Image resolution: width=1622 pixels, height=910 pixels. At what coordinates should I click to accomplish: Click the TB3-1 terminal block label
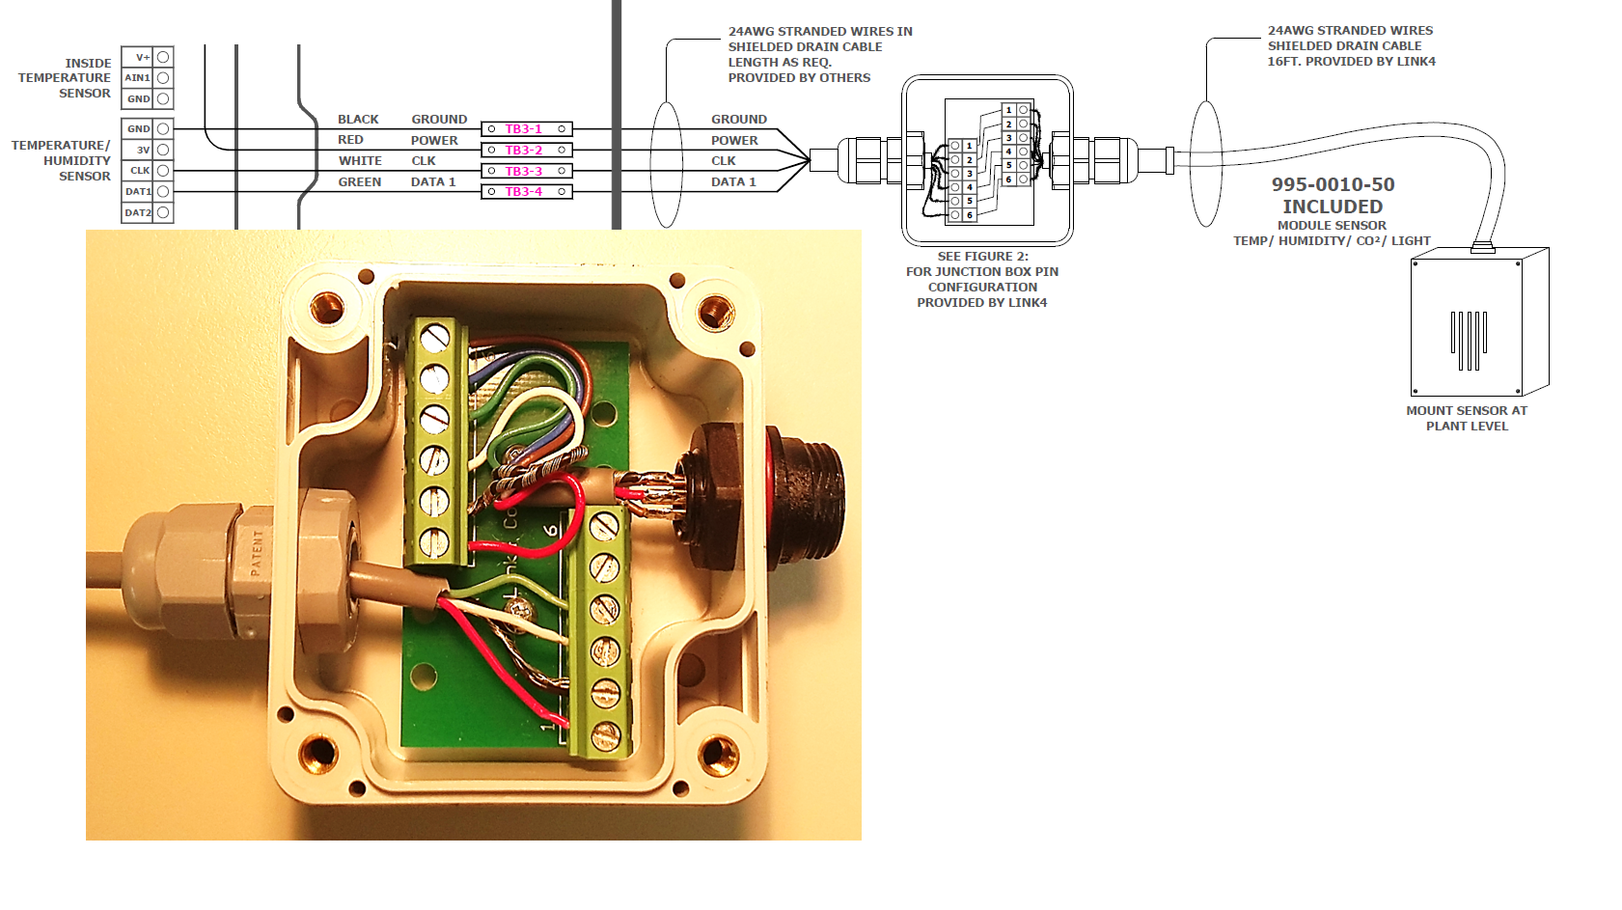(x=524, y=129)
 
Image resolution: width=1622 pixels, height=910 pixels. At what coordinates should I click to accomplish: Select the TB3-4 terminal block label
(x=524, y=192)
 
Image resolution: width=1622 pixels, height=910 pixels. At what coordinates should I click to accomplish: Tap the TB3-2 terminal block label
(x=524, y=151)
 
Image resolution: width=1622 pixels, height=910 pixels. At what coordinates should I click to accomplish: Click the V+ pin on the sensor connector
(x=142, y=57)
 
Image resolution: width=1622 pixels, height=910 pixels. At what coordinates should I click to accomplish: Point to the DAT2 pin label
(x=138, y=213)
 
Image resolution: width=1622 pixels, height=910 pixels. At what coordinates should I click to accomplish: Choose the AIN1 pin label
(x=138, y=78)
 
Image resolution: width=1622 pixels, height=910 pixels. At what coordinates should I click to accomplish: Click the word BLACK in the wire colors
(x=358, y=120)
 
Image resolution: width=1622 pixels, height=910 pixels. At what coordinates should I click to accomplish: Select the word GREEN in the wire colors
(x=359, y=182)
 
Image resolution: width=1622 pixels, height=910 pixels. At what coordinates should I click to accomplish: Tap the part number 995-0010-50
(x=1333, y=184)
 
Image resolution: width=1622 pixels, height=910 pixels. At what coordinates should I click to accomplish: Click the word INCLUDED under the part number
(x=1333, y=207)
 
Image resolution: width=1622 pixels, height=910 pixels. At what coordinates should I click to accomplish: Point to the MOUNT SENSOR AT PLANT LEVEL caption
(x=1467, y=418)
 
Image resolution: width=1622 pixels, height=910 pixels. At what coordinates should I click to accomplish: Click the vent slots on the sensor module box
(x=1469, y=339)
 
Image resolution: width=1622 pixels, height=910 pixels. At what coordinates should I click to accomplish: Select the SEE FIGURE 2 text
(x=982, y=257)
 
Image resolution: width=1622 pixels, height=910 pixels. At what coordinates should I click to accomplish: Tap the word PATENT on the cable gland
(x=257, y=552)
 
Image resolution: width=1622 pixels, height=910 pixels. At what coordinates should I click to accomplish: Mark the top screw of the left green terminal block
(x=435, y=337)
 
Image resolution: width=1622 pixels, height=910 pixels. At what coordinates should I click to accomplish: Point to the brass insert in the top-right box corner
(x=715, y=310)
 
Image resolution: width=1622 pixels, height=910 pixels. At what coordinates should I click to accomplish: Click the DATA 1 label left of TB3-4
(x=433, y=182)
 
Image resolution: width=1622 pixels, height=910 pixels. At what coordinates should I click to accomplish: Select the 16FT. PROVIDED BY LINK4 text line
(x=1351, y=62)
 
